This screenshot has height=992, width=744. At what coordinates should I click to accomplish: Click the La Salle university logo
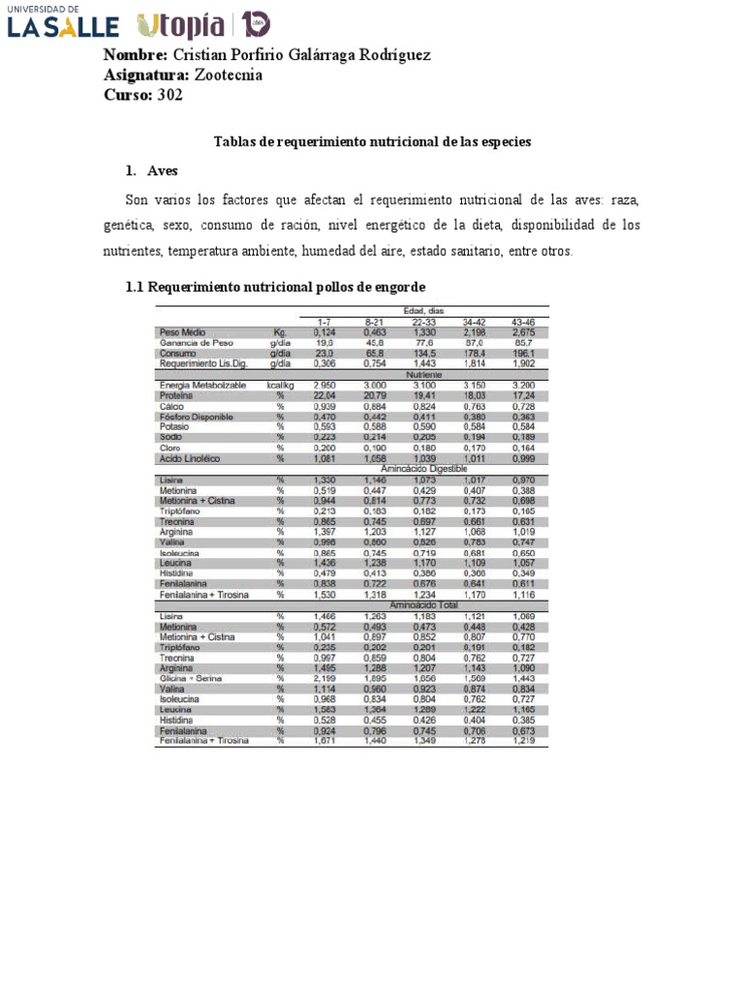click(x=63, y=22)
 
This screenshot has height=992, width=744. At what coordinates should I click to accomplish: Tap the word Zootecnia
click(x=229, y=75)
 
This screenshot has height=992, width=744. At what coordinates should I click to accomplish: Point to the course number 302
click(x=170, y=95)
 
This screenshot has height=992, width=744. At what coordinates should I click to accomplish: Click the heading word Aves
click(x=163, y=171)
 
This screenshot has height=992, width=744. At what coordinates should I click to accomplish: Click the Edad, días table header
click(x=430, y=310)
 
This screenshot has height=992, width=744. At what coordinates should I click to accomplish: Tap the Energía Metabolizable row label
click(x=204, y=386)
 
